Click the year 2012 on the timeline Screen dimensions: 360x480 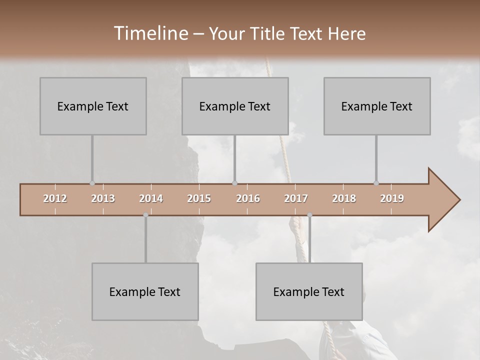(55, 198)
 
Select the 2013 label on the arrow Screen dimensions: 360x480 (103, 198)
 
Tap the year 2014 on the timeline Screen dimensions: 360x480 (151, 198)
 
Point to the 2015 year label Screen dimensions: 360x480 (199, 198)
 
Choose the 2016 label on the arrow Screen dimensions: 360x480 (248, 198)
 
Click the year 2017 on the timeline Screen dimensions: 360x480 (296, 198)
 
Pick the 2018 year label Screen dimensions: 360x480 (344, 198)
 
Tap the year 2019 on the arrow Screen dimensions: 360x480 (392, 198)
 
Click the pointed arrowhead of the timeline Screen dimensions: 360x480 (445, 200)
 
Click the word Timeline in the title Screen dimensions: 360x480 (150, 33)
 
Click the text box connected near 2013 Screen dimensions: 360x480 (93, 106)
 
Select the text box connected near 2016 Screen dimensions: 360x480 (235, 106)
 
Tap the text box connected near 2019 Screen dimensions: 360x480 (377, 106)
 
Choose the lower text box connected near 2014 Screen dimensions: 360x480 (145, 291)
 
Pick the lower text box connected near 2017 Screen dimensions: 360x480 (309, 291)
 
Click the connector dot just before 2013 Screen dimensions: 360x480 (92, 183)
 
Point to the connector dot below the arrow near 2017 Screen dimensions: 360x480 (309, 215)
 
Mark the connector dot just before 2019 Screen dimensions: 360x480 (376, 183)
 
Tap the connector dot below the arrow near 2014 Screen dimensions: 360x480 (145, 215)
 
